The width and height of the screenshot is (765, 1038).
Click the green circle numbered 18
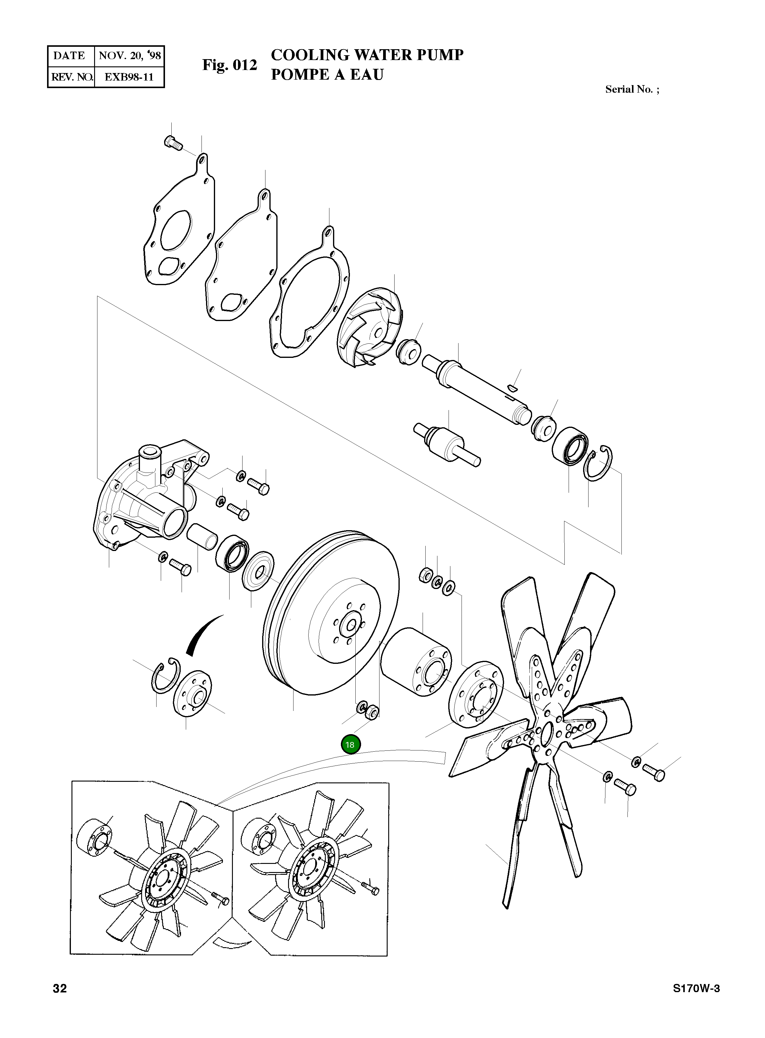(x=350, y=745)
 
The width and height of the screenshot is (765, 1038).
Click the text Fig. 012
(x=229, y=65)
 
